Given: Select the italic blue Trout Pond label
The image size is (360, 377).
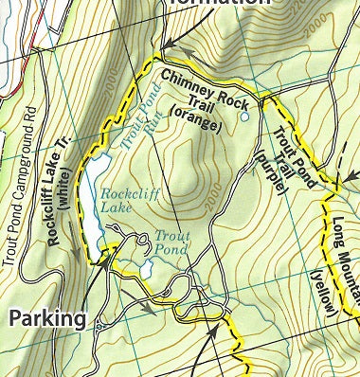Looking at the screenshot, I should click(171, 241).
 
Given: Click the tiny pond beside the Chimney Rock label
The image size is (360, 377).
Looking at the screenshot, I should click(244, 118).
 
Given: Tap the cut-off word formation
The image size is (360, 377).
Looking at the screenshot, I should click(212, 5).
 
